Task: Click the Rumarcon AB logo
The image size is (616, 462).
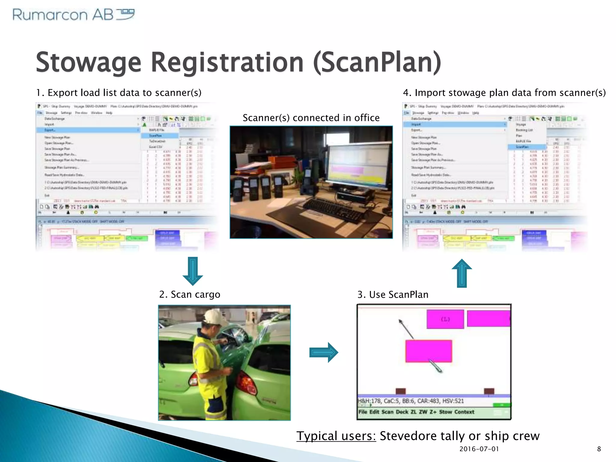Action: (x=73, y=14)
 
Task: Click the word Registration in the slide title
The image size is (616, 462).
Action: (x=227, y=62)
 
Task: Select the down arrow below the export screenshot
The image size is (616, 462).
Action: (x=192, y=271)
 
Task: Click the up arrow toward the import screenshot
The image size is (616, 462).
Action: (x=462, y=273)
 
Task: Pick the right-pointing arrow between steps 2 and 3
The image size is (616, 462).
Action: (x=324, y=352)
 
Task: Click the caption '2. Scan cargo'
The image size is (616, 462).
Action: (x=189, y=294)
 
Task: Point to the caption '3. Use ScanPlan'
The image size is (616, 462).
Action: (x=393, y=294)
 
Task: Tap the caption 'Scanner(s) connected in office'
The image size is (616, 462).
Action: (x=311, y=118)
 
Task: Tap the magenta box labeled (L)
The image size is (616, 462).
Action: (x=445, y=319)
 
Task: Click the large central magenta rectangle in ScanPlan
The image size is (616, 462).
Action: (x=429, y=351)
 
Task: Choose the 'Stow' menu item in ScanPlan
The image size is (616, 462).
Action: (x=445, y=412)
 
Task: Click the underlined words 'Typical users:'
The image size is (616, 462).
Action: (x=336, y=436)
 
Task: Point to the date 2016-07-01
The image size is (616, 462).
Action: (x=479, y=449)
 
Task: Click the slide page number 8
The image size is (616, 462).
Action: (x=599, y=449)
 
